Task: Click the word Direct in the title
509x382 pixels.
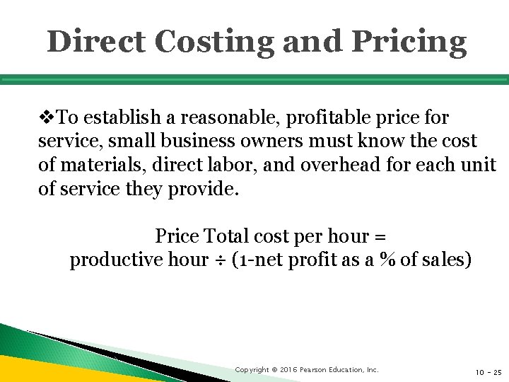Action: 95,42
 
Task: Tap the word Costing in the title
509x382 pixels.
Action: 213,42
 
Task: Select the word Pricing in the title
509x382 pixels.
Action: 409,42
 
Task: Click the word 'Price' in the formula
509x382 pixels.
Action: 177,235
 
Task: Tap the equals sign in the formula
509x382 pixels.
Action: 380,235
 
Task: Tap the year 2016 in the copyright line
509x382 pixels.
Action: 287,370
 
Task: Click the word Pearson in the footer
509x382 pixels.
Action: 315,370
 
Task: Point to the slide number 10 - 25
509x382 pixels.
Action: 488,371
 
